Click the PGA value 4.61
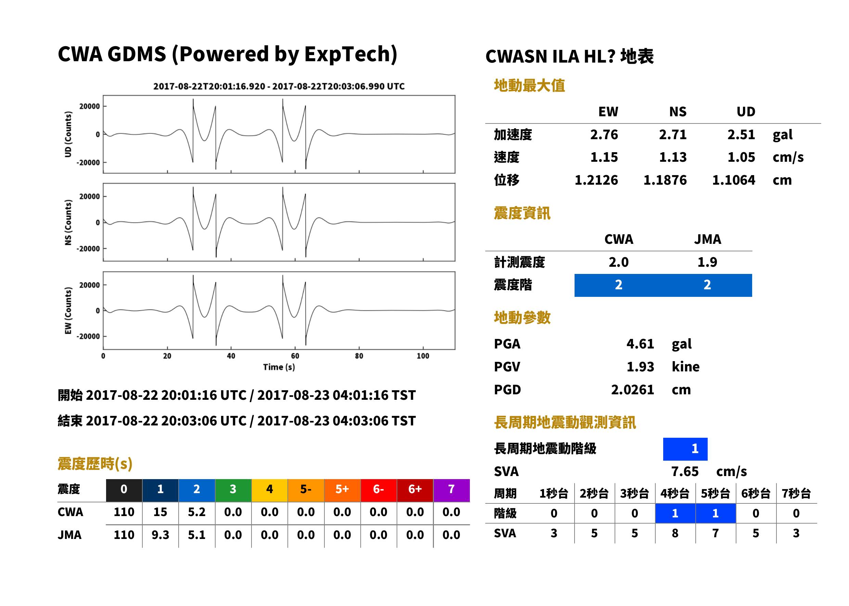tap(640, 344)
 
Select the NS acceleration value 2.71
tap(672, 134)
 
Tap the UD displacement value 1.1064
tap(733, 180)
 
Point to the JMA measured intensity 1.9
tap(707, 262)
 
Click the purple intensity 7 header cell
tap(451, 490)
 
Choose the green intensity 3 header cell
tap(233, 490)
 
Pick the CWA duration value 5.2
tap(197, 512)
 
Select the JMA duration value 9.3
tap(160, 535)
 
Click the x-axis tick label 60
tap(295, 356)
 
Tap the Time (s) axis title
tap(279, 367)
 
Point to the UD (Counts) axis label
tap(68, 134)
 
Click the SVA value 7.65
tap(685, 471)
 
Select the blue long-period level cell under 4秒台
tap(676, 513)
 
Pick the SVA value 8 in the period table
tap(675, 533)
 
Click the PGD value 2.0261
tap(632, 390)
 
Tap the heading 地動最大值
tap(529, 85)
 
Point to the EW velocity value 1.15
tap(604, 157)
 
